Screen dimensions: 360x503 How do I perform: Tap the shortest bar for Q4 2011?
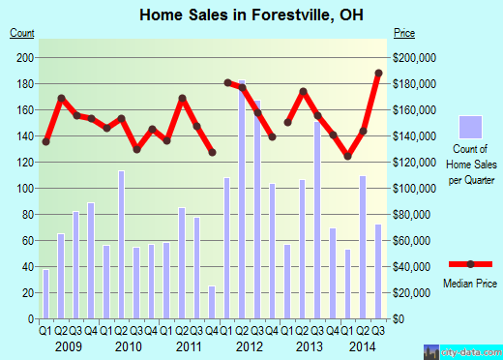[x=212, y=302]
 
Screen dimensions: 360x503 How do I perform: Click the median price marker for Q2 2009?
[x=61, y=99]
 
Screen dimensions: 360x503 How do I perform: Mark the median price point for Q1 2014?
[x=348, y=156]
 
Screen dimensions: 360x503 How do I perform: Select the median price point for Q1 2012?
[x=227, y=82]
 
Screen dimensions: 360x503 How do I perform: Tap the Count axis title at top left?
[x=22, y=33]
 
